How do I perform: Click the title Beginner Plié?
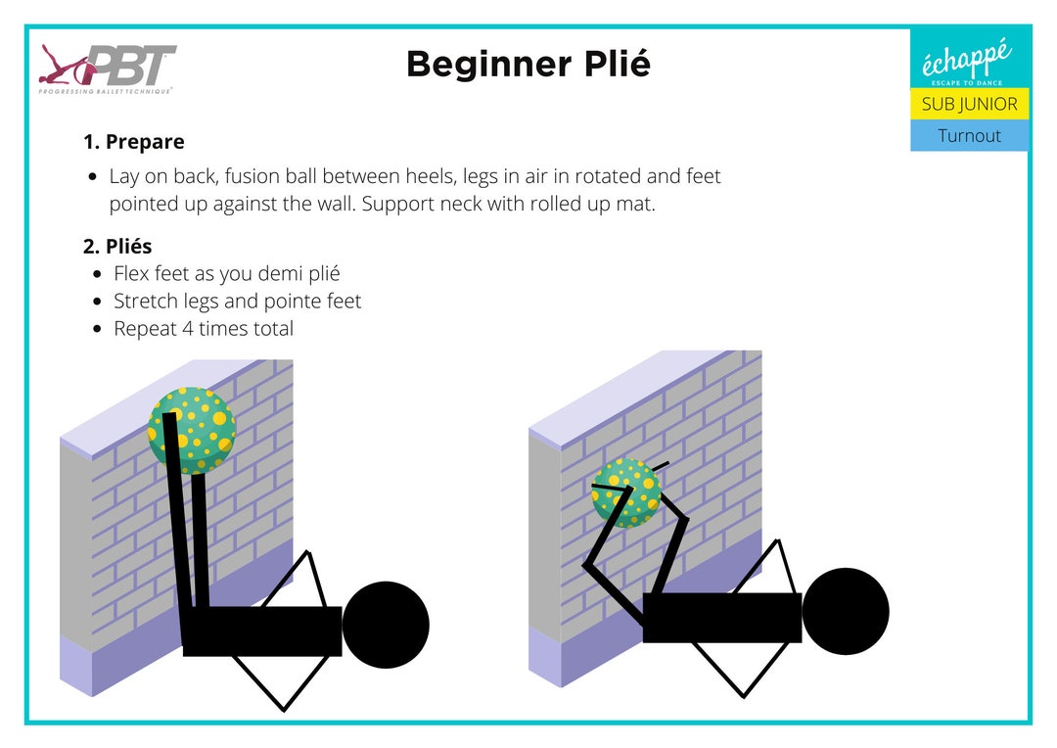pos(528,65)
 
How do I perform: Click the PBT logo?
pos(108,69)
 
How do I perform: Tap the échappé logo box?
pos(969,59)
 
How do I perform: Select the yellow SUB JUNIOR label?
pos(969,104)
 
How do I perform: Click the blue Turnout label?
pos(969,135)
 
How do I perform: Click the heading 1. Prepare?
pos(133,142)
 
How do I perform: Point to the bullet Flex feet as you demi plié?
pos(226,274)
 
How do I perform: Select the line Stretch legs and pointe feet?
pos(237,302)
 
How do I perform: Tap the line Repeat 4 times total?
pos(203,329)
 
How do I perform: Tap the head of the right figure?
pos(845,611)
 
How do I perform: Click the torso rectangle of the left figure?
pos(262,631)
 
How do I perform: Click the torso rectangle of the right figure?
pos(721,618)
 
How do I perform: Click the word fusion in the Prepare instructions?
pos(293,177)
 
